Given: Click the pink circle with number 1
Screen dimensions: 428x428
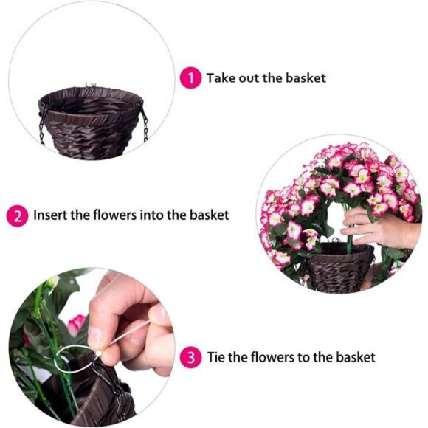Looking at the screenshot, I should coord(190,77).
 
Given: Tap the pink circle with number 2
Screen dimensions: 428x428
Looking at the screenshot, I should coord(18,215).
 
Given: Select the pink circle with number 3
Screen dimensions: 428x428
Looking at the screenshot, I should coord(191,358).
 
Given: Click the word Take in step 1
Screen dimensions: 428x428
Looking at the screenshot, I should coord(220,77).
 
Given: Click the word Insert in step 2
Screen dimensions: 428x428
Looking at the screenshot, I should coord(49,215).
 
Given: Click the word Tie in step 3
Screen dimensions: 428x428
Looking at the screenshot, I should coord(217,358).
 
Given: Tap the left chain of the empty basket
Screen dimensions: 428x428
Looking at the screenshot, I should coord(42,124).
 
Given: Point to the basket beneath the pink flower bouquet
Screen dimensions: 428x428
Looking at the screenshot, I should coord(339,269).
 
